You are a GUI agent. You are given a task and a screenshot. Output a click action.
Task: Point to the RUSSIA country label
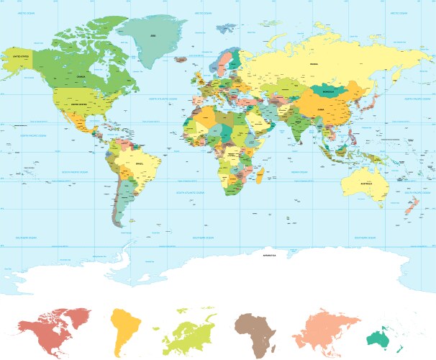(x=313, y=64)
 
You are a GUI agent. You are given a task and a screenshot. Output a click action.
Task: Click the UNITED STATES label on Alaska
(x=19, y=55)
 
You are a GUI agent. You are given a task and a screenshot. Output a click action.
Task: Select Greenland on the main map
(x=152, y=36)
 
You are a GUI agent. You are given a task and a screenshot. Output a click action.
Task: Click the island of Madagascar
(x=260, y=174)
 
